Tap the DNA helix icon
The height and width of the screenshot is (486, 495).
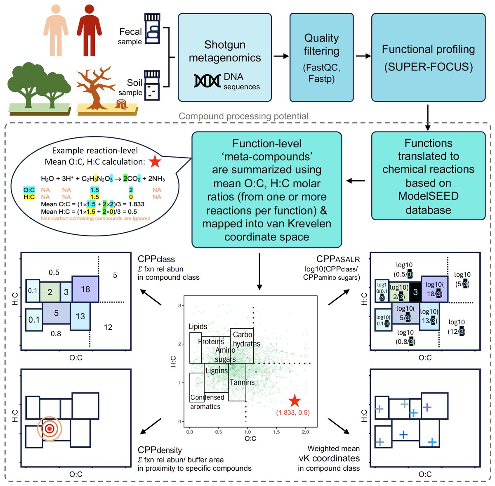click(x=207, y=81)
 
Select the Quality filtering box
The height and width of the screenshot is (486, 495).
click(x=321, y=57)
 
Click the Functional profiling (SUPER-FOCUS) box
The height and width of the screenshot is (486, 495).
click(x=428, y=57)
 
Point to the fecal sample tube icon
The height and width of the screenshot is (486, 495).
click(x=152, y=29)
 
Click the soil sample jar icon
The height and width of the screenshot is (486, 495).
click(x=152, y=84)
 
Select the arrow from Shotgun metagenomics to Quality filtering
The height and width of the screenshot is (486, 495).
click(x=281, y=56)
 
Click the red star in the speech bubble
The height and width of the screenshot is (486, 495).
click(x=155, y=161)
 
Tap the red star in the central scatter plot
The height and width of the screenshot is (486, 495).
click(x=295, y=401)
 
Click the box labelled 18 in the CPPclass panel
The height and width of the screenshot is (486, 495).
click(x=85, y=289)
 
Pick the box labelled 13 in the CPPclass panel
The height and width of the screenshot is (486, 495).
click(x=80, y=316)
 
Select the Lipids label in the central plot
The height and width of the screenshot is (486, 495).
click(x=198, y=326)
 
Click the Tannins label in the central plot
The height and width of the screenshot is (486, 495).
click(x=242, y=382)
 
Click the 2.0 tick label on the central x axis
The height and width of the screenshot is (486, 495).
click(x=305, y=432)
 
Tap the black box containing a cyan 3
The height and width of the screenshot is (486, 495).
click(x=415, y=292)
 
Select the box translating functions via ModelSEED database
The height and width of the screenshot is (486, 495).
click(x=428, y=176)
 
